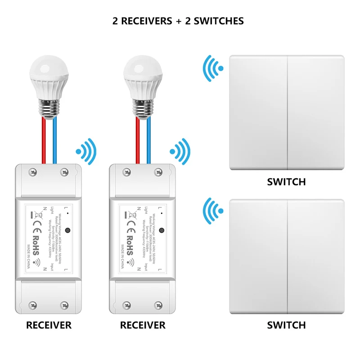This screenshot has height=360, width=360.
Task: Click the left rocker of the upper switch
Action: tap(258, 112)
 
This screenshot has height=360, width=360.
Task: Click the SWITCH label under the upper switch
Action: tap(286, 182)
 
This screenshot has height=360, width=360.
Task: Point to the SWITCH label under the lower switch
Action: tap(286, 325)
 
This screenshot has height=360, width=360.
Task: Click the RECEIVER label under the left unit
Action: tap(49, 325)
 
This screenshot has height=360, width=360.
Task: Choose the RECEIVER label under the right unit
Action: tap(143, 325)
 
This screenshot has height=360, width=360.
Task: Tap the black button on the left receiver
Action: tap(67, 231)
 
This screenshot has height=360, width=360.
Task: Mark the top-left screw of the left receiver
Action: tap(33, 171)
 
